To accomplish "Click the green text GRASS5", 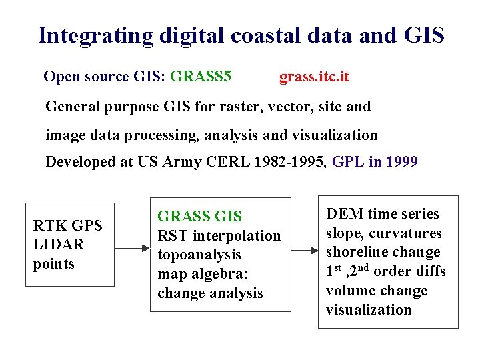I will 201,77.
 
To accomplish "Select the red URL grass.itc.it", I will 314,77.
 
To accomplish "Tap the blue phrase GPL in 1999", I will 375,162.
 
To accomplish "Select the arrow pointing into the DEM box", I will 305,251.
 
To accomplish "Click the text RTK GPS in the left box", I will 68,225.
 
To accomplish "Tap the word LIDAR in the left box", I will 59,245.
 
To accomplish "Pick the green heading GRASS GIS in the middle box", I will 199,217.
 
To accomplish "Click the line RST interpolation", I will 219,236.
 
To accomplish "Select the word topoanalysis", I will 199,255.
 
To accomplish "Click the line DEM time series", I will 382,214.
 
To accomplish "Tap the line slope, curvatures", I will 383,233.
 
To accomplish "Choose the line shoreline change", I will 383,253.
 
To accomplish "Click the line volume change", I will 376,291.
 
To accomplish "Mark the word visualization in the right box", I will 369,310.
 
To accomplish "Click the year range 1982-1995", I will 289,162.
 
